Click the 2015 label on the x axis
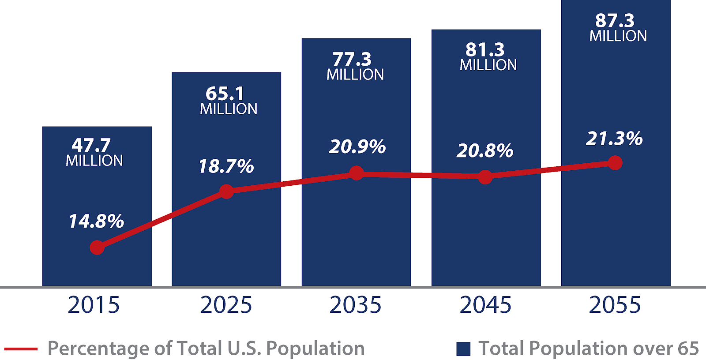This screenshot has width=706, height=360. [94, 305]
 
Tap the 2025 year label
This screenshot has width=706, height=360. [226, 305]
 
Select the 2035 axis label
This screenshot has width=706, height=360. [355, 305]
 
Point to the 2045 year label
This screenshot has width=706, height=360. [485, 305]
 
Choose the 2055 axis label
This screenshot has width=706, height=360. [615, 305]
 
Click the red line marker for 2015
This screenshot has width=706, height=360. [97, 247]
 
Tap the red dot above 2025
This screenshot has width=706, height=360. [226, 191]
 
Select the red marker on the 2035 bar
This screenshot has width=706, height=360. [356, 173]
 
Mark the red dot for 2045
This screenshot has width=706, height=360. [485, 177]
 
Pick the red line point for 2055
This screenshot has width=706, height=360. [615, 163]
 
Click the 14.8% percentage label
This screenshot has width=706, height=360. [96, 221]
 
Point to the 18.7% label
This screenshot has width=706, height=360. [226, 166]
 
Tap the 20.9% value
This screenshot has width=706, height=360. [357, 146]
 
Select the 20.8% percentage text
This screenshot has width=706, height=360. [484, 150]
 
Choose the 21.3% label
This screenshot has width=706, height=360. [614, 139]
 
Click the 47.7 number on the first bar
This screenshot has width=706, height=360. [91, 145]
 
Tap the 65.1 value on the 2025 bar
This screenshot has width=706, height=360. [225, 93]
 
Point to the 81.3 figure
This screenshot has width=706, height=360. [485, 49]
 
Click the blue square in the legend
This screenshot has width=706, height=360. [463, 349]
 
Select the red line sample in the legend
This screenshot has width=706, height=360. [21, 349]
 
